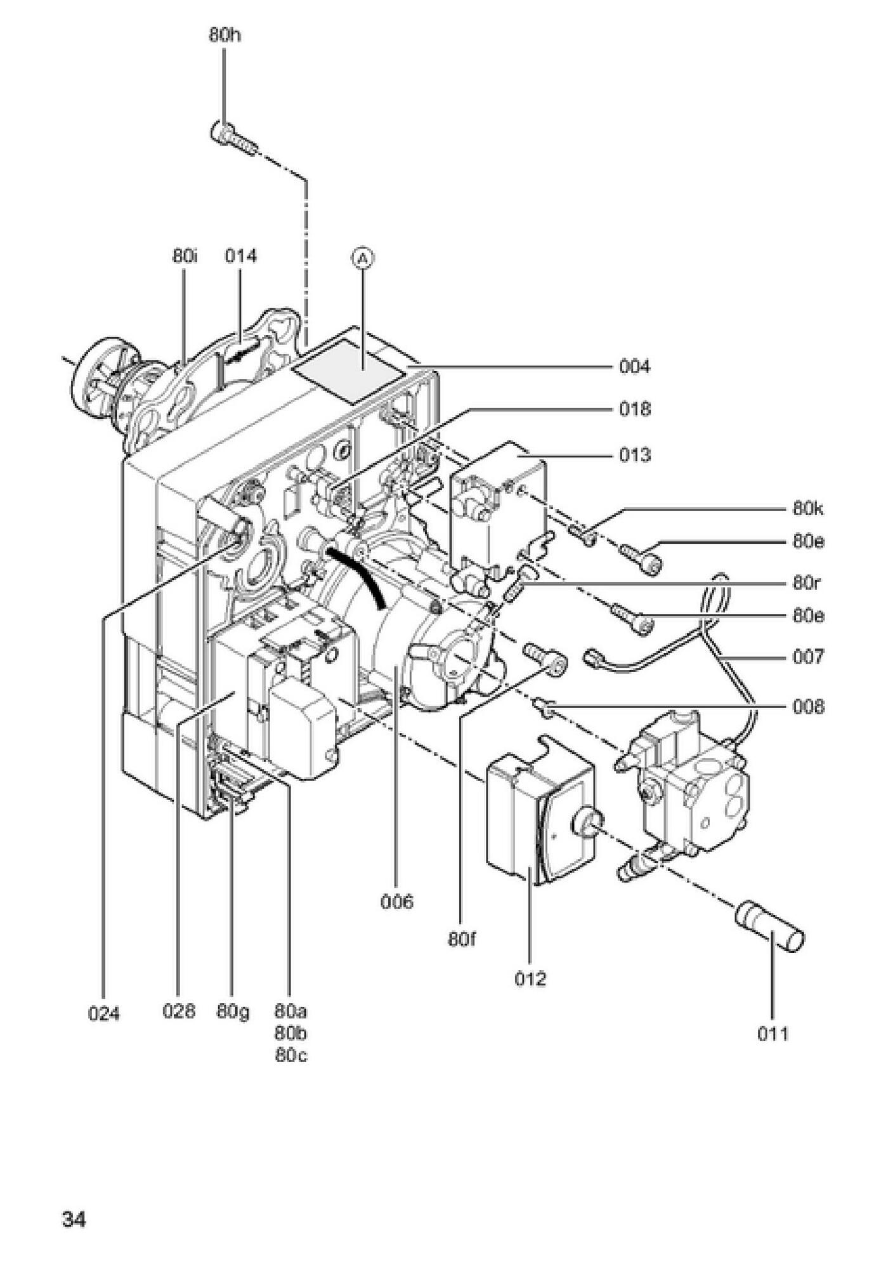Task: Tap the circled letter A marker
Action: click(363, 258)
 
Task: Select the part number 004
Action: click(635, 367)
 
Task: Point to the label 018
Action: click(635, 409)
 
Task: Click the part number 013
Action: click(635, 456)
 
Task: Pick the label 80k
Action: click(808, 509)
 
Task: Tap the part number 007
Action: click(808, 657)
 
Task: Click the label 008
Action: click(808, 707)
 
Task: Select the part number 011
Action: click(772, 1035)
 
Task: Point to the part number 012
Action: click(530, 979)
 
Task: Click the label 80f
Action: click(462, 939)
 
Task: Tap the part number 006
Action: click(396, 902)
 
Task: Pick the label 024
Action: click(103, 1015)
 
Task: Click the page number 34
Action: click(74, 1220)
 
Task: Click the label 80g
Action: click(233, 1011)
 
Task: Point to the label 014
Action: click(240, 256)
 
